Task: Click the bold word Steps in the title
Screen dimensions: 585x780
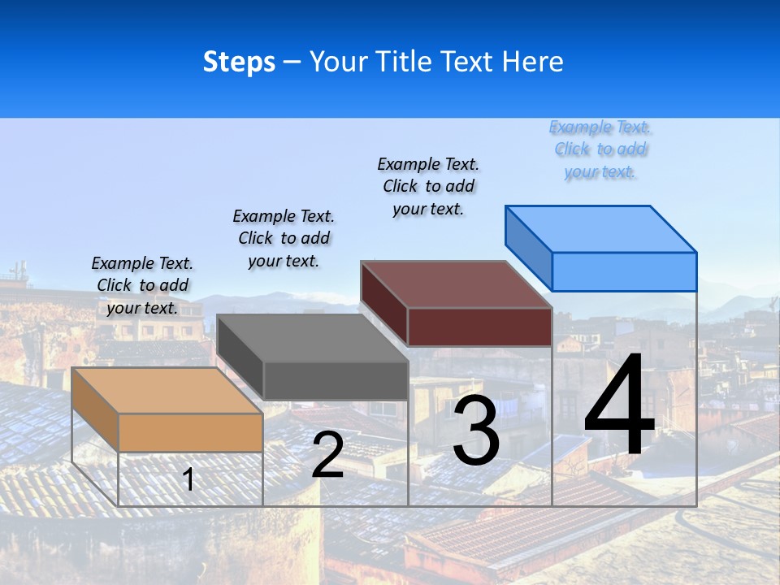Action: coord(239,62)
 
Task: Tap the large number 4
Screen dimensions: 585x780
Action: coord(619,407)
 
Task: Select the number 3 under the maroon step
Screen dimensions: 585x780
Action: coord(476,431)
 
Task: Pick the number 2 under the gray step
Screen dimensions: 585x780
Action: coord(327,455)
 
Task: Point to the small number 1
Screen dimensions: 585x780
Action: coord(188,480)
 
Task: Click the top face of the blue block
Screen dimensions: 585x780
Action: coord(601,228)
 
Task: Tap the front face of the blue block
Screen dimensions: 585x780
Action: coord(624,271)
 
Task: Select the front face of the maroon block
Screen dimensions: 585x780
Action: coord(479,327)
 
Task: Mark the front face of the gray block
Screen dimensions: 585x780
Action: coord(336,380)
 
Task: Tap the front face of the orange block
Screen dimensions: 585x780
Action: coord(190,432)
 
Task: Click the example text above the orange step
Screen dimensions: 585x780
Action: coord(142,285)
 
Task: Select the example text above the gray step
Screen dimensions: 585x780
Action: coord(284,238)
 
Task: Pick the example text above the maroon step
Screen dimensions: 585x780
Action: coord(428,186)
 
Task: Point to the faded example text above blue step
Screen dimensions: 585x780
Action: coord(600,149)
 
